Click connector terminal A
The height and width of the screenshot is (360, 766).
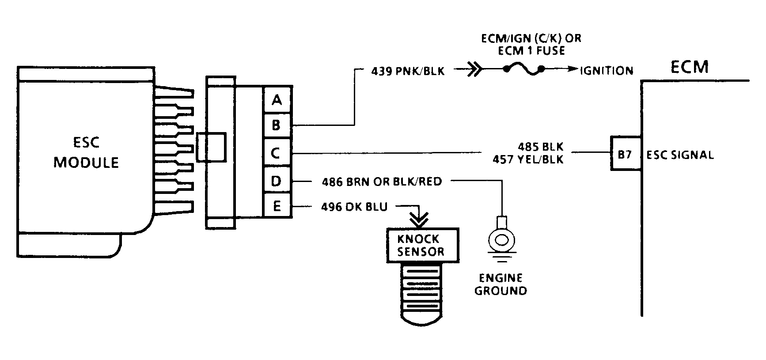coord(277,100)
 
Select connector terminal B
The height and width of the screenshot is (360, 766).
coord(277,125)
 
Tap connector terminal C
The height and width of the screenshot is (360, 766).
coord(277,153)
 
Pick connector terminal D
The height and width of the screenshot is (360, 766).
coord(277,180)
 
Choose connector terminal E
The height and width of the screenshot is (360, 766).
coord(277,206)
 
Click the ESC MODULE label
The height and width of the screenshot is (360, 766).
coord(86,152)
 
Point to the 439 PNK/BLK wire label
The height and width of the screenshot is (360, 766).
coord(408,71)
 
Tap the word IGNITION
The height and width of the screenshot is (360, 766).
coord(607,71)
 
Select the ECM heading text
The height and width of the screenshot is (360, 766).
coord(690,67)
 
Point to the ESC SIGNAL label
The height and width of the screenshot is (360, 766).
coord(680,155)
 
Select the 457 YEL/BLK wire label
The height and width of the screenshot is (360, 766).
coord(528,159)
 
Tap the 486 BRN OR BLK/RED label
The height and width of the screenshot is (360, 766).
coord(382,182)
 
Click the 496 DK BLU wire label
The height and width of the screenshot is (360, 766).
coord(354,207)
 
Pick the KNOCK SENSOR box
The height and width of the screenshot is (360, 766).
coord(422,245)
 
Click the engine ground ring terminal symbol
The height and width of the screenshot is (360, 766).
coord(501,239)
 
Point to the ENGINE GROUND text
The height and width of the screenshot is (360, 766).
coord(501,284)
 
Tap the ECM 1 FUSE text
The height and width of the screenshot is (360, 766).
coord(531,51)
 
